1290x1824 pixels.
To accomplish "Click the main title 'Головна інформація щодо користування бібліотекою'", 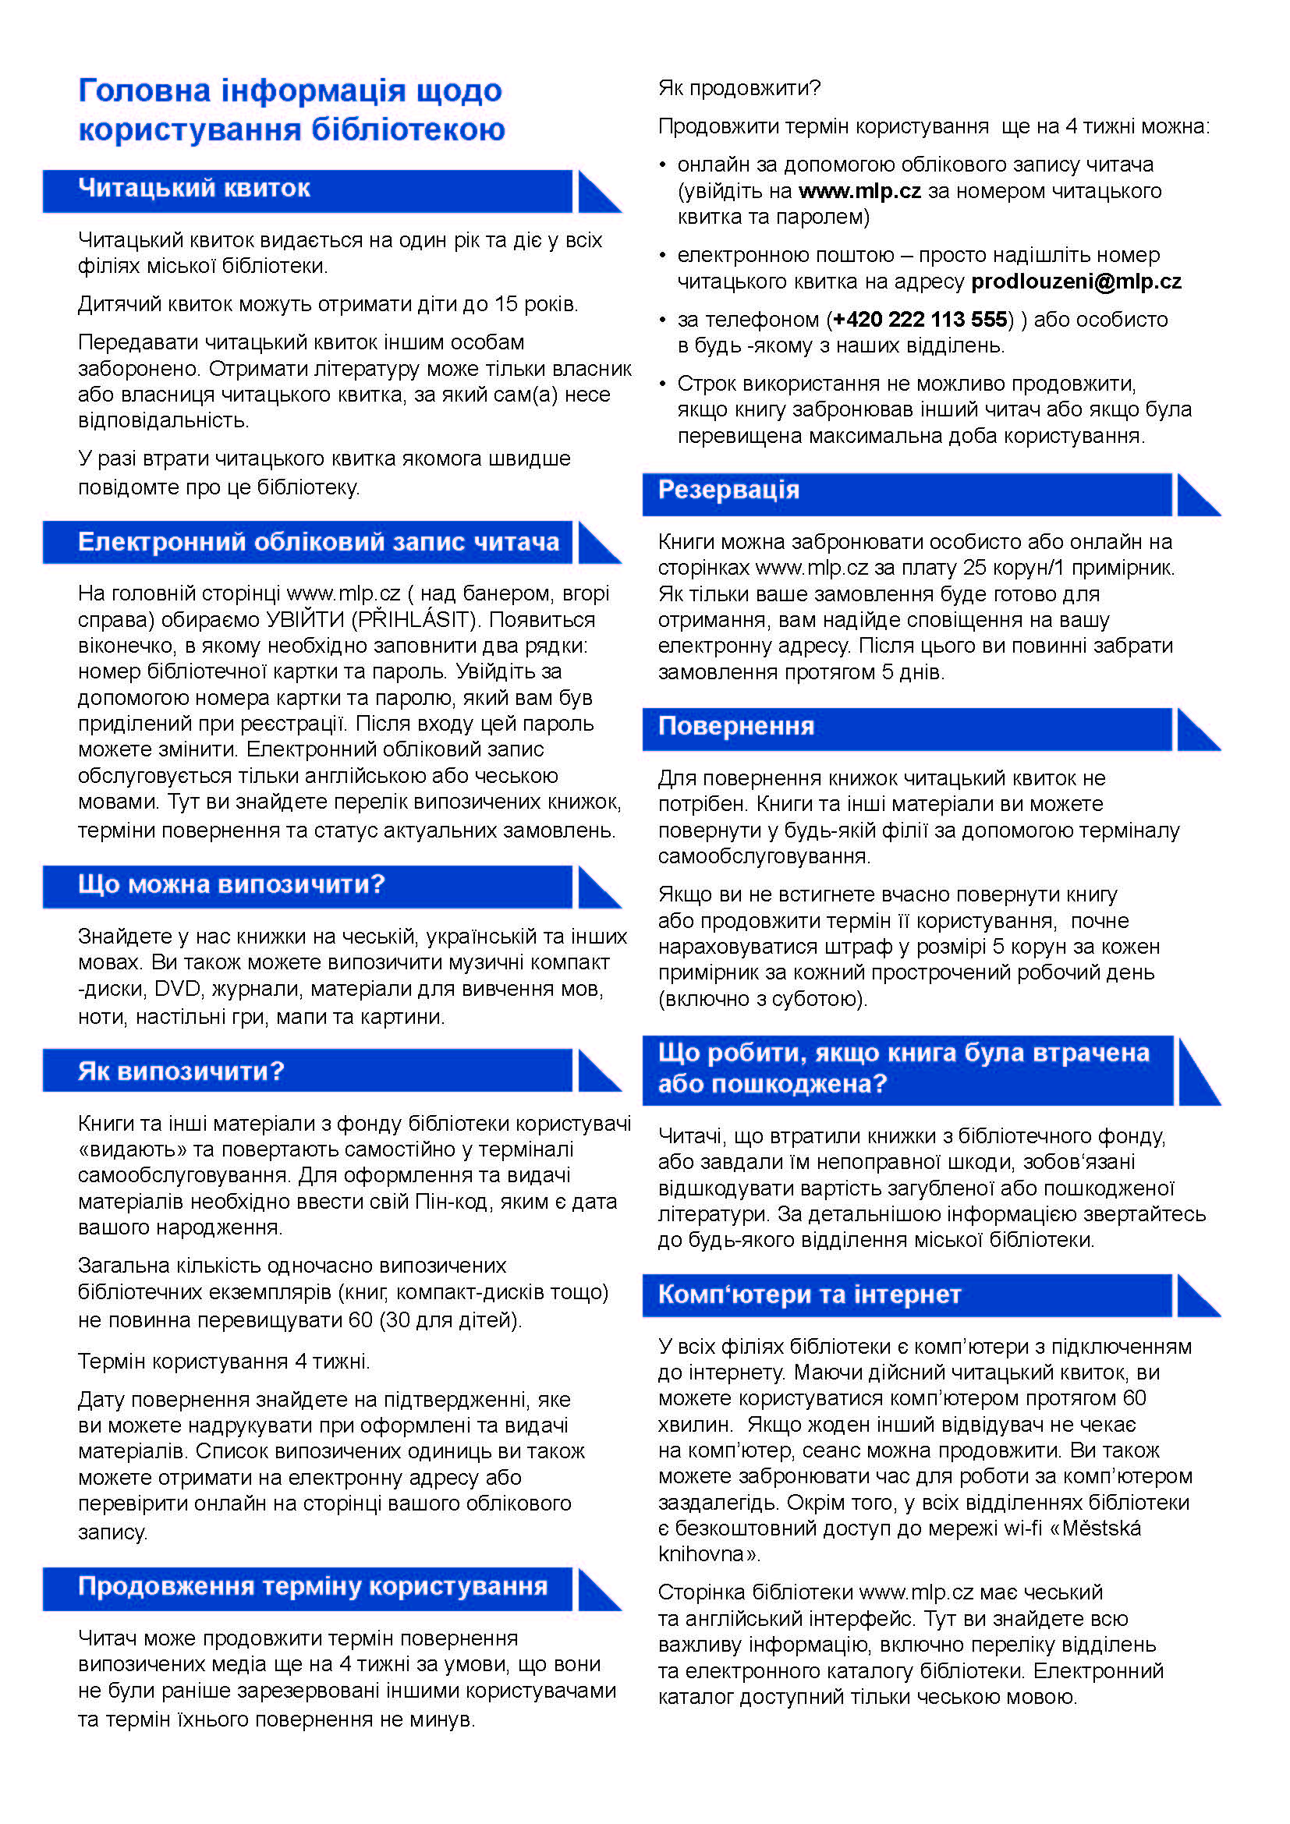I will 291,110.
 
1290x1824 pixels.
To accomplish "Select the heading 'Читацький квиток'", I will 194,188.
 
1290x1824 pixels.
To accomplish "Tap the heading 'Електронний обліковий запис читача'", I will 317,542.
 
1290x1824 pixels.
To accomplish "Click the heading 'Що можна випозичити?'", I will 231,884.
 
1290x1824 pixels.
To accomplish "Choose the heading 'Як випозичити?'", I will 180,1071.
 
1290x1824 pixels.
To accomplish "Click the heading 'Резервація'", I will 728,490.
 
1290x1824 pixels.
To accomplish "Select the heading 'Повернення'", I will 735,725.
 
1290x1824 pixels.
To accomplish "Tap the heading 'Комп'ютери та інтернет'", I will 809,1295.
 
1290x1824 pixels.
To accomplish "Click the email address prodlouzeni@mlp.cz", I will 1076,282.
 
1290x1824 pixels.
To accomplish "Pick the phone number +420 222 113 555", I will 920,320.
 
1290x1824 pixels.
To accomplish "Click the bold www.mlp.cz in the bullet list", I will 859,190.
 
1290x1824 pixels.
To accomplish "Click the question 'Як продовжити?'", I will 739,87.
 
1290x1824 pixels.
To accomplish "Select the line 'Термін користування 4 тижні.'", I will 223,1362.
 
